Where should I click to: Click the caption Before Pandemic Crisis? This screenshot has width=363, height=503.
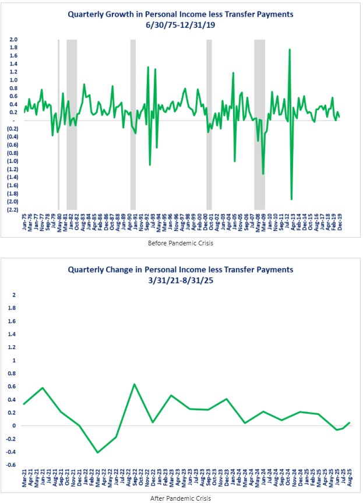(x=181, y=242)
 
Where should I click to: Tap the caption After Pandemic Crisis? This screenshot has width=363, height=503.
(x=181, y=497)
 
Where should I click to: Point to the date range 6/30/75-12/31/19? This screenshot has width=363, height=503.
(x=181, y=26)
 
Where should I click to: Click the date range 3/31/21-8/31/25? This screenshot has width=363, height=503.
(x=181, y=280)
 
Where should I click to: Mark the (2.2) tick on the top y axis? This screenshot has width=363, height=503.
(x=12, y=209)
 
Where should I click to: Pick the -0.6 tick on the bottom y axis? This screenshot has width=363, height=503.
(x=13, y=465)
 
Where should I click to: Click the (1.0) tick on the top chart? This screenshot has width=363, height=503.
(x=12, y=161)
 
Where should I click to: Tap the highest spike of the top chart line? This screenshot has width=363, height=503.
(x=290, y=50)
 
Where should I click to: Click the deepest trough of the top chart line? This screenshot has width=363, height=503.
(x=291, y=199)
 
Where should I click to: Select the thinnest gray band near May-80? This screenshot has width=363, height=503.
(x=58, y=124)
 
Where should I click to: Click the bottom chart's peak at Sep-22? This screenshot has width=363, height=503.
(x=134, y=384)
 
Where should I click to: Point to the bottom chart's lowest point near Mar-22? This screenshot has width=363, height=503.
(x=97, y=452)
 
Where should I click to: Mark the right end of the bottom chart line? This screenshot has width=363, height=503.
(x=349, y=423)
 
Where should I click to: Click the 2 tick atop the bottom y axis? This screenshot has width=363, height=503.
(x=14, y=294)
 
